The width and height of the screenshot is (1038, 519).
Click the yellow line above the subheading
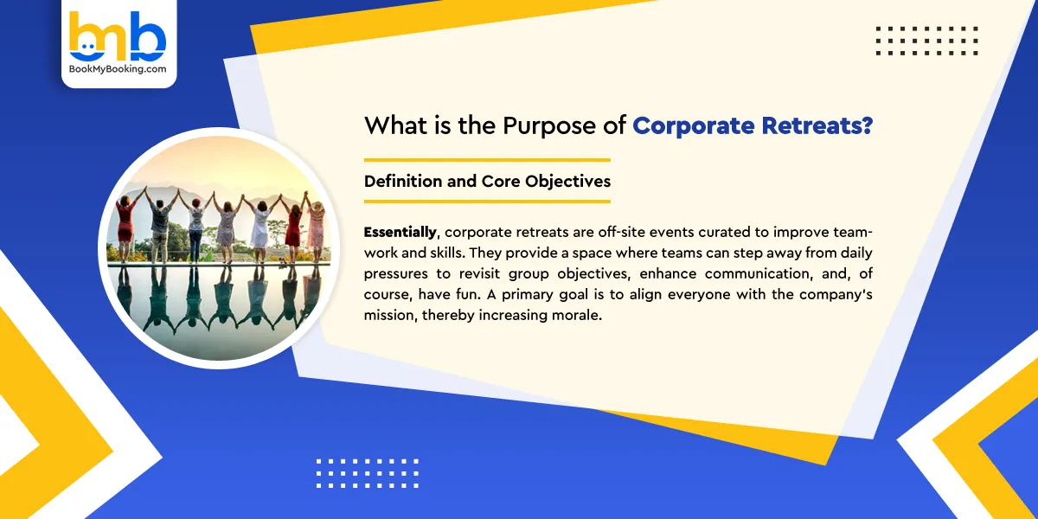487,160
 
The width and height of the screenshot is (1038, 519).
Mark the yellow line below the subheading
487,202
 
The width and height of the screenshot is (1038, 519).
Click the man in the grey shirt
161,221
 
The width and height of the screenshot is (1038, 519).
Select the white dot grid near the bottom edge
367,473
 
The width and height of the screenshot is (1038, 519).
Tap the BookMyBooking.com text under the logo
119,69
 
